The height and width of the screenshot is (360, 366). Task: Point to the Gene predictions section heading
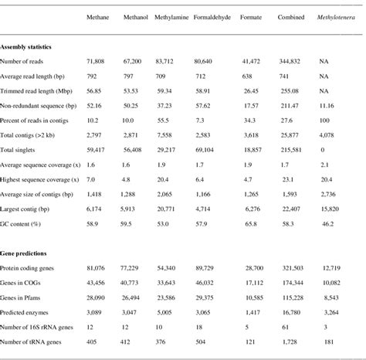point(27,253)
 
